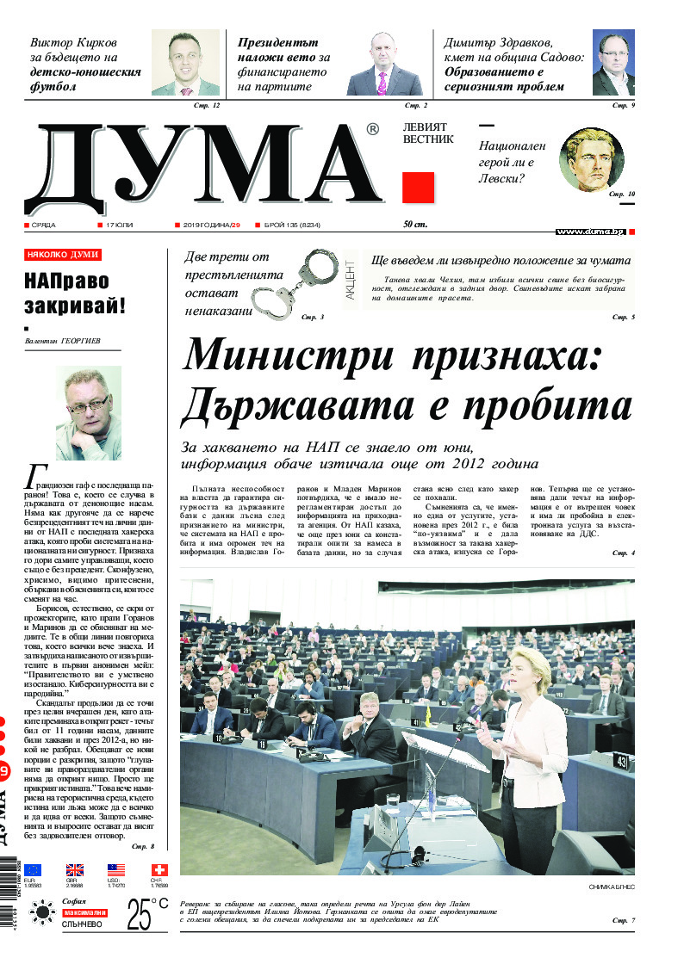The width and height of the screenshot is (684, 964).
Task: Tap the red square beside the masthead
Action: (x=419, y=187)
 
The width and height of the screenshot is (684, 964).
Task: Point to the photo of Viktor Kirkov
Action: (x=185, y=63)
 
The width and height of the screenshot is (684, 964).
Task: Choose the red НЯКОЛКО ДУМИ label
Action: (x=63, y=255)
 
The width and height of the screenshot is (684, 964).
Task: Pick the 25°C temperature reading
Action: (x=146, y=914)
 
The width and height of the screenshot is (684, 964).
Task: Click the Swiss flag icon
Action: (x=159, y=869)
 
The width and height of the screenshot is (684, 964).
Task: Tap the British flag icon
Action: (x=75, y=869)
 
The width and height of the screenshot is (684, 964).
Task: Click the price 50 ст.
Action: (x=415, y=225)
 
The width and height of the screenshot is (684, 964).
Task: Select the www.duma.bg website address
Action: (x=590, y=232)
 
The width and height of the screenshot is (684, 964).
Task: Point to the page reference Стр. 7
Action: (x=622, y=921)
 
